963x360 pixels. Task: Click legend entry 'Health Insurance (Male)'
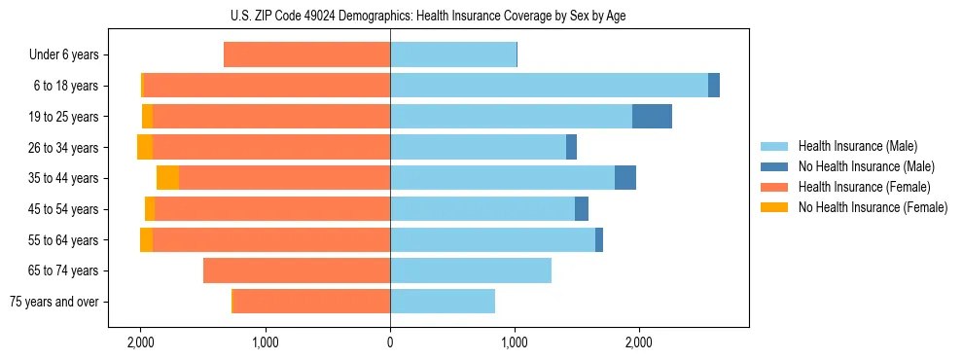pos(853,146)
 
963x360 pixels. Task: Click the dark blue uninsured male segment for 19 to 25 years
pos(652,117)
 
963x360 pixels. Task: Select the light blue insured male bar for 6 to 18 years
pos(549,86)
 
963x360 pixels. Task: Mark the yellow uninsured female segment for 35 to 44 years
pos(167,178)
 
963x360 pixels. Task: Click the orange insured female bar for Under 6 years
pos(306,54)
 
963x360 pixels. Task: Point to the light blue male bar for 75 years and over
pos(443,302)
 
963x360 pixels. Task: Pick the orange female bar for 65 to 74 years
pos(297,270)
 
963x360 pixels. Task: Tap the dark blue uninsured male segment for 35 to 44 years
pos(625,178)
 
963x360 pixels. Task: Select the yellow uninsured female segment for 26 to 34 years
pos(145,147)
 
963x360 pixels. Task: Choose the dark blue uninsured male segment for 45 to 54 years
pos(582,209)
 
